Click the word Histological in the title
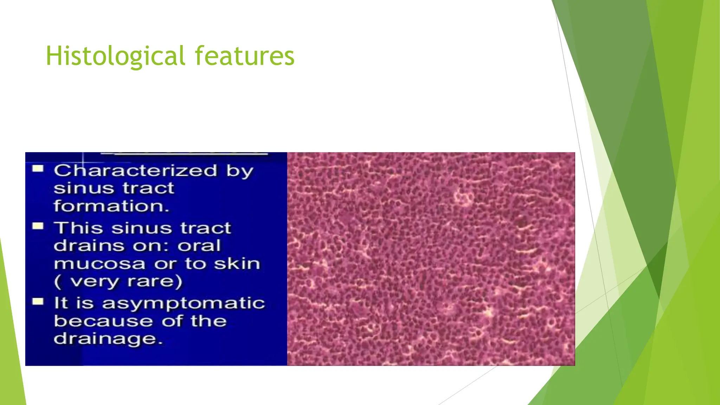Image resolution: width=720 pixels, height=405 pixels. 115,56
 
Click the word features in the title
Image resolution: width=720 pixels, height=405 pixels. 244,56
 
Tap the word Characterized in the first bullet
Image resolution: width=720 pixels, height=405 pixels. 135,171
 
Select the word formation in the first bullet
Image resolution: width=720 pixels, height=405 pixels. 111,206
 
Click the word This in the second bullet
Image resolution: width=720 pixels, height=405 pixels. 78,228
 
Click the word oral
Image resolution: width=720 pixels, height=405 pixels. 199,245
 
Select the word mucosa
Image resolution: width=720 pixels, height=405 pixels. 99,264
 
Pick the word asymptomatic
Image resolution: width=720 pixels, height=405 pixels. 183,303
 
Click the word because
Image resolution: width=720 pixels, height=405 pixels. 103,321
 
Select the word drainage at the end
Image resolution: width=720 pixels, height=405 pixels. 108,339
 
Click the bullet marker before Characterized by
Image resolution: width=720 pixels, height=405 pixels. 38,169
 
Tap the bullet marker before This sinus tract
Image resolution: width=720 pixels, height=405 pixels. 38,226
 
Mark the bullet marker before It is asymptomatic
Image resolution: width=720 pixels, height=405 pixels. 38,302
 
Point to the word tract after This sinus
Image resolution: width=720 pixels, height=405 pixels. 206,228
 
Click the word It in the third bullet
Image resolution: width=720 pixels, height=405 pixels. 60,303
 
